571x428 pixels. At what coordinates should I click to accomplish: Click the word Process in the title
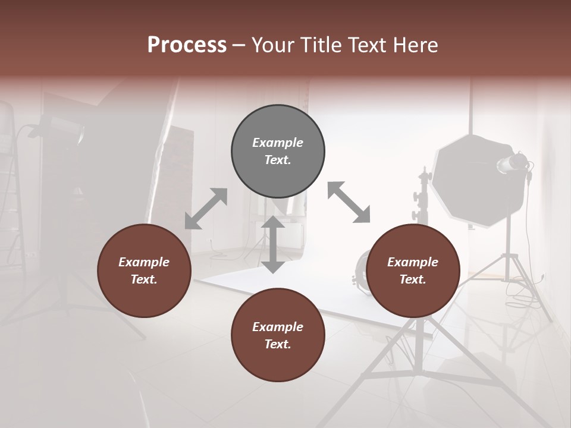click(187, 45)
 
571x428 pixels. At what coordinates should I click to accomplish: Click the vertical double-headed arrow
click(273, 244)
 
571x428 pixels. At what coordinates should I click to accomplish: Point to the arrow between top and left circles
click(206, 209)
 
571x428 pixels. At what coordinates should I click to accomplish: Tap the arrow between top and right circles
click(349, 202)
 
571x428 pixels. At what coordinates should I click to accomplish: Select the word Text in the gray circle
click(278, 160)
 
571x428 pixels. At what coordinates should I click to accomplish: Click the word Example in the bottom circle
click(278, 326)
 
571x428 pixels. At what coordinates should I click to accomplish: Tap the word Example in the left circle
click(144, 262)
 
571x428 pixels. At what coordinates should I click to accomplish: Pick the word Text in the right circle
click(413, 279)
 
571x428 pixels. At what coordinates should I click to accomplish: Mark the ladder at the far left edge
click(7, 178)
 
